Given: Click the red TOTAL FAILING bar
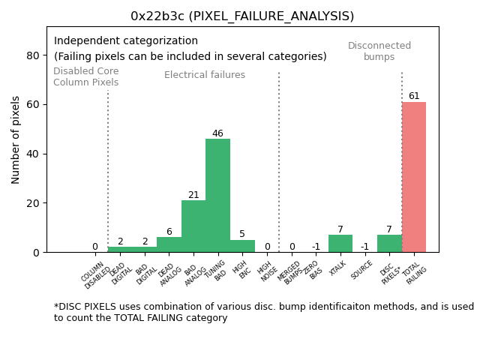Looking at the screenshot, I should (x=413, y=177).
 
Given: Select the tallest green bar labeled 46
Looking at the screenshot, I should (x=217, y=195).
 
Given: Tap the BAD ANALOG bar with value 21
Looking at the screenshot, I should (x=193, y=226).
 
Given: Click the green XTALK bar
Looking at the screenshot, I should (x=340, y=243).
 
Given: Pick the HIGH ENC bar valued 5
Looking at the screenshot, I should (x=242, y=246).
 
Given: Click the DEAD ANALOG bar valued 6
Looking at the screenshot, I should (x=169, y=244).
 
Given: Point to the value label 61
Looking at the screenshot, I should (x=414, y=96).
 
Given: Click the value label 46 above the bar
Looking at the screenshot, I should (x=217, y=133).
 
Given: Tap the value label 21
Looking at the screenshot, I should (x=193, y=195).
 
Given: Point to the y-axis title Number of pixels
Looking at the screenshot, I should (x=16, y=139).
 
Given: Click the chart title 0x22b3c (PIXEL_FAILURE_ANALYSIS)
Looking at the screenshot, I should (x=242, y=16).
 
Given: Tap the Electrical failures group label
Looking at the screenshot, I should (x=205, y=75).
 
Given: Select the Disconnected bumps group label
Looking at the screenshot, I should (x=379, y=51).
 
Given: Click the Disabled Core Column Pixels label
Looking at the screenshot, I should (x=85, y=76).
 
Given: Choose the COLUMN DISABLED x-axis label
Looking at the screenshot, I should (x=94, y=274).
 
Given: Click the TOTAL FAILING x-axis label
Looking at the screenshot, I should (x=415, y=274).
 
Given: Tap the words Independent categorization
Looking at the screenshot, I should (x=126, y=41).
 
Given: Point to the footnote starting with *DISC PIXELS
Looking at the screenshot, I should (x=263, y=312).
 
